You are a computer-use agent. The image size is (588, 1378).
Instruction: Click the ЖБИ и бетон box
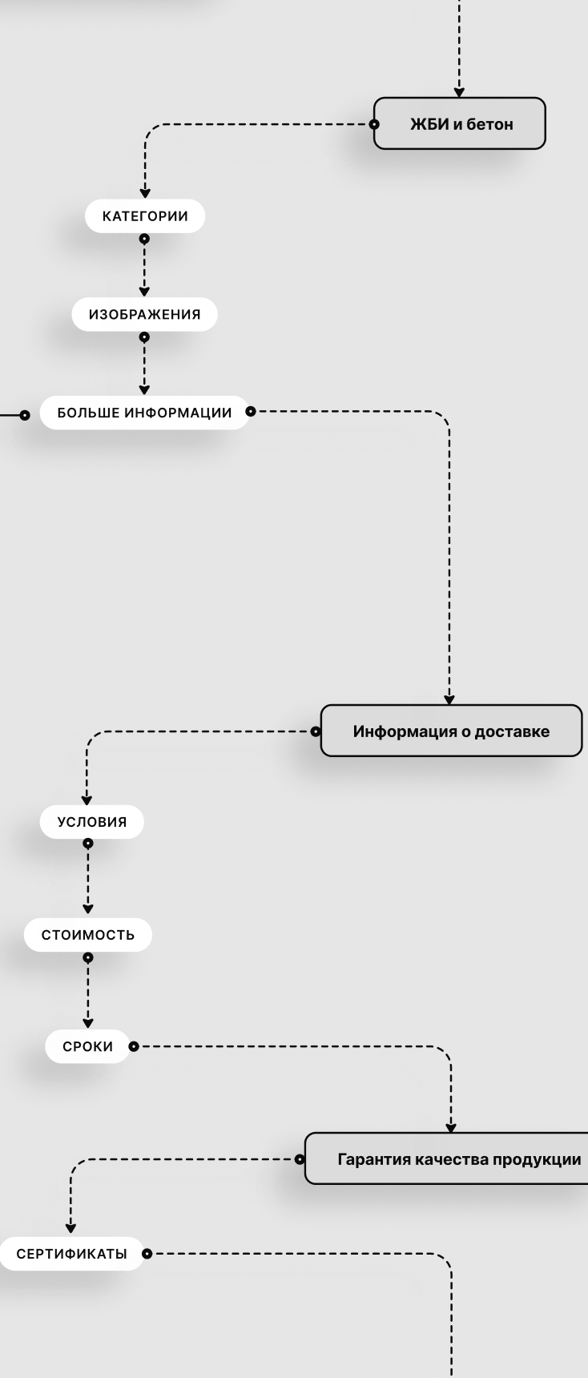[459, 123]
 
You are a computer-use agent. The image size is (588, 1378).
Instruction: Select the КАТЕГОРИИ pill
[145, 216]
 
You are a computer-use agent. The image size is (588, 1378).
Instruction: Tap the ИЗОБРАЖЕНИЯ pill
[144, 314]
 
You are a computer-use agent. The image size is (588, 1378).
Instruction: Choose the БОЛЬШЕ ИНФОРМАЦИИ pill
[144, 413]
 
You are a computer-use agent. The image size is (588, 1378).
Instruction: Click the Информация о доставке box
[451, 731]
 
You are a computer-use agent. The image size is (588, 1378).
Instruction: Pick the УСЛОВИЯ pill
[92, 822]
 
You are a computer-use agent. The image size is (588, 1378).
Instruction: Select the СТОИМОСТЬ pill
[88, 935]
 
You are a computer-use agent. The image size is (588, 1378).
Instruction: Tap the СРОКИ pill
[87, 1046]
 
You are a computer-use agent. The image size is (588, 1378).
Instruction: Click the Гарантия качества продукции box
[458, 1158]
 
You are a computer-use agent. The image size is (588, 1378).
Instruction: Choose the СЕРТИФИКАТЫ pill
[71, 1254]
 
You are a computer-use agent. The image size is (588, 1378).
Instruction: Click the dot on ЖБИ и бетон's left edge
[374, 124]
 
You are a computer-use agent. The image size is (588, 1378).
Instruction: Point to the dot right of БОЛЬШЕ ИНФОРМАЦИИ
[252, 412]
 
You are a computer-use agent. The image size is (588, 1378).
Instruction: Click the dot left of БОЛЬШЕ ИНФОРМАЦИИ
[25, 414]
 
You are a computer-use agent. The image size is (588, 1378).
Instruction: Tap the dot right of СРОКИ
[133, 1046]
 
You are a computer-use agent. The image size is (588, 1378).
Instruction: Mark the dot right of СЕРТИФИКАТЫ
[147, 1254]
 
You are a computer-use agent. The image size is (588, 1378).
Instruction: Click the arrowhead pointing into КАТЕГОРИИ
[145, 193]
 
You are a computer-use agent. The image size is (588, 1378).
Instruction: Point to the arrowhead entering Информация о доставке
[449, 699]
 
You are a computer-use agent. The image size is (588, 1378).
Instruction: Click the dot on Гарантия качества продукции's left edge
[300, 1158]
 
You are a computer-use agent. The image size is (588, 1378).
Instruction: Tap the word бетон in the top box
[489, 124]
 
